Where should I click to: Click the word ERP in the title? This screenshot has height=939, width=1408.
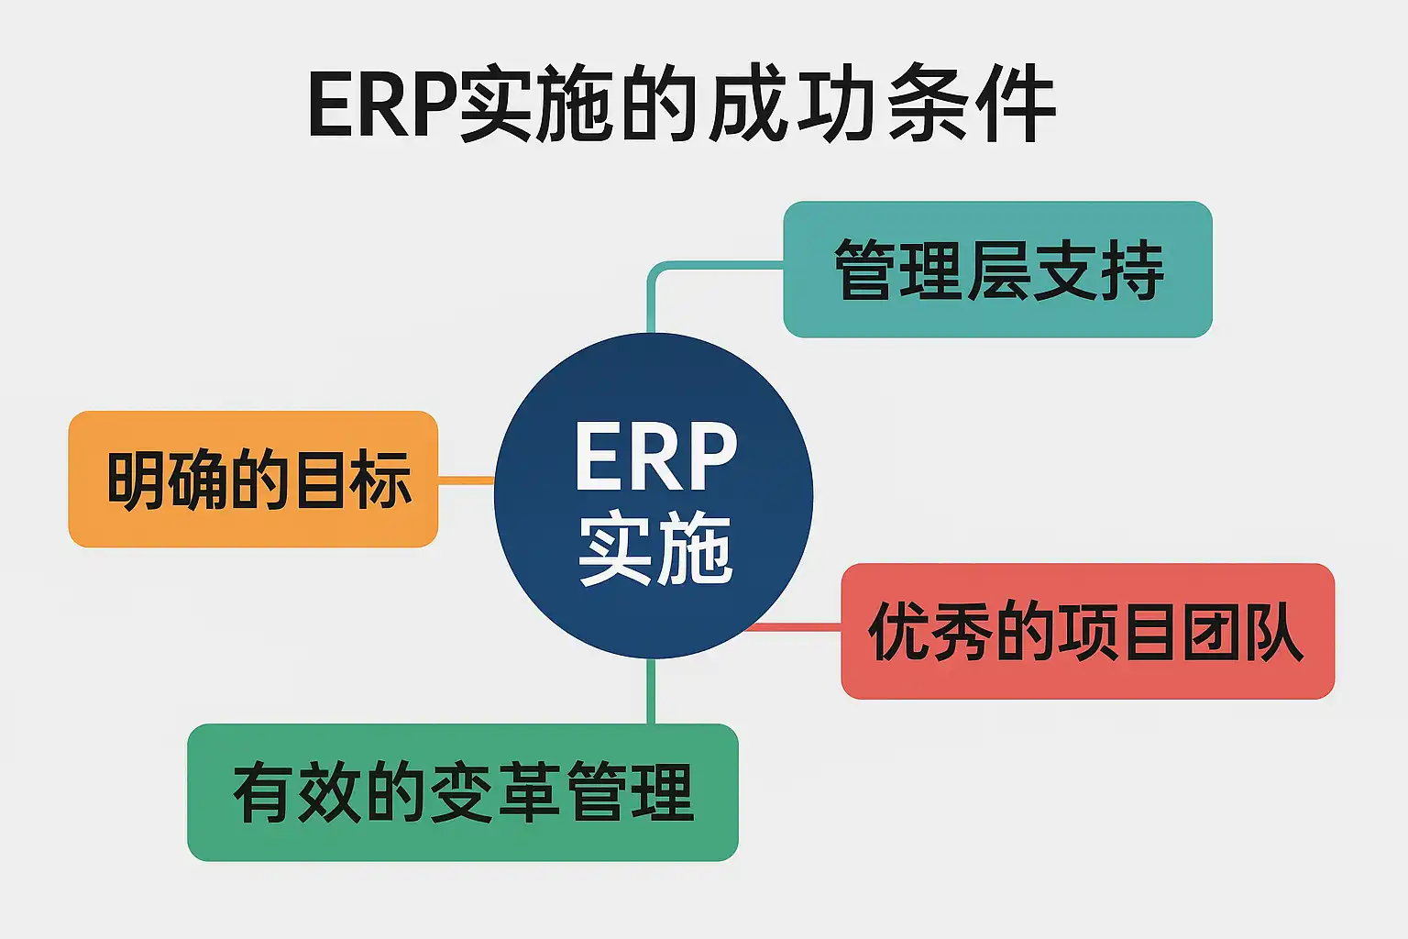(381, 105)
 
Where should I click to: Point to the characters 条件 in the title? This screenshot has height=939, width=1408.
(972, 105)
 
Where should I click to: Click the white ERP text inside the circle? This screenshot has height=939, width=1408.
(654, 458)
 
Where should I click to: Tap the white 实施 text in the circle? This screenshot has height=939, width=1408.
(654, 549)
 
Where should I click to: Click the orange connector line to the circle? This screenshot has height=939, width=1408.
(466, 481)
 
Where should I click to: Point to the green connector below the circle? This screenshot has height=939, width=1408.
(651, 691)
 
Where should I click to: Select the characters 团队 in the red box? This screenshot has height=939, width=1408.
(1242, 632)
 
